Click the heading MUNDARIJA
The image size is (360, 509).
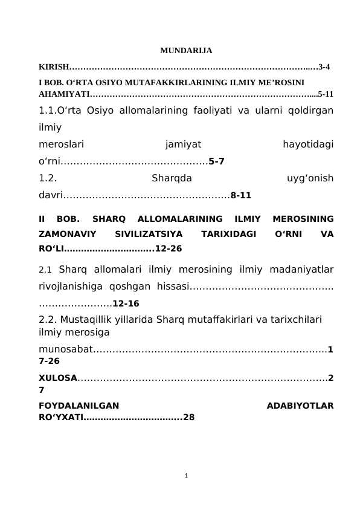click(186, 50)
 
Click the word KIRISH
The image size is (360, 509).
click(54, 66)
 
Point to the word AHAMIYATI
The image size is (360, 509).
click(64, 94)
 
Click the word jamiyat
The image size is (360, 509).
click(182, 144)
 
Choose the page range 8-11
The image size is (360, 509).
click(241, 195)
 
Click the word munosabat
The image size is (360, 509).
click(65, 349)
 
